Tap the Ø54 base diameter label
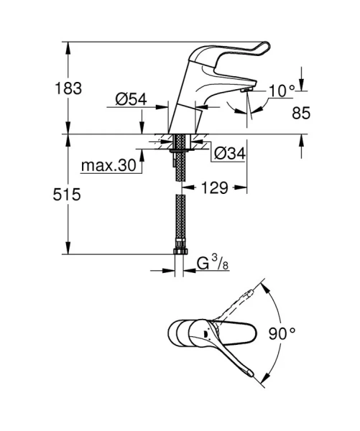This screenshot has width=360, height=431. click(131, 101)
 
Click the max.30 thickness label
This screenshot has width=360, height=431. click(108, 165)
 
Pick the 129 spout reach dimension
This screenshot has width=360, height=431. click(213, 187)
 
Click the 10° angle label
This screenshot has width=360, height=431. click(280, 91)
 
